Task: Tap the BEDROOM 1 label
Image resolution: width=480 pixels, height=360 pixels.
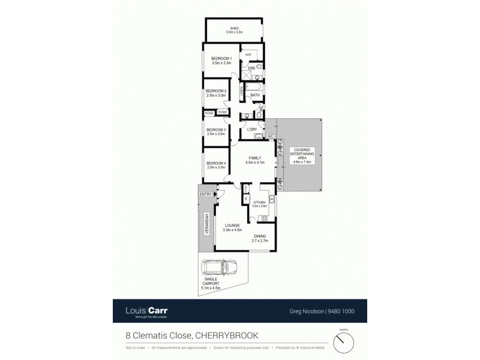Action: tap(221, 58)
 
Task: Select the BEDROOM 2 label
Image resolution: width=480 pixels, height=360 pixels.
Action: tap(215, 91)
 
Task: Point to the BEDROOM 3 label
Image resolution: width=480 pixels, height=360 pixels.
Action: tap(215, 130)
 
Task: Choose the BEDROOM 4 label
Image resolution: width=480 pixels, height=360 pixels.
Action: tap(215, 163)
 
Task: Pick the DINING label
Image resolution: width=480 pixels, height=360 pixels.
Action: tap(260, 236)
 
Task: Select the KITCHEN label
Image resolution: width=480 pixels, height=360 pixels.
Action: tap(259, 203)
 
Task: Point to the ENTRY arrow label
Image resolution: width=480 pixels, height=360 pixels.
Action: tap(206, 194)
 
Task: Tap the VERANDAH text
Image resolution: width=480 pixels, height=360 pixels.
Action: tap(206, 224)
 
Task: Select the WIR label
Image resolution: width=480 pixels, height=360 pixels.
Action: tap(247, 55)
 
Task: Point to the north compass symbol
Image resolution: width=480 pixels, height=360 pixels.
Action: tap(343, 343)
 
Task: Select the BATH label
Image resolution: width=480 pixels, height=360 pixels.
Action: tap(254, 95)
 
